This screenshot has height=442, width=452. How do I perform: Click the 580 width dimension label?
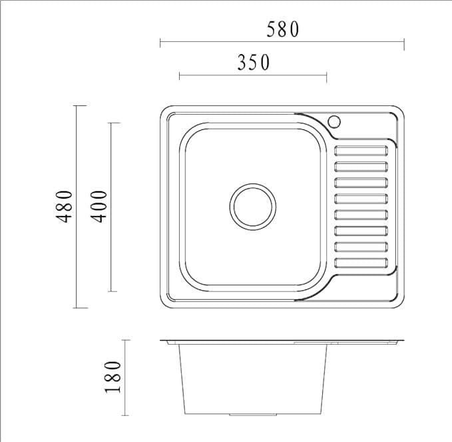283,29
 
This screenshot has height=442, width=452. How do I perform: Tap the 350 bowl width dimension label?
254,63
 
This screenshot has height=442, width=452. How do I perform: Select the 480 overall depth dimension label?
65,207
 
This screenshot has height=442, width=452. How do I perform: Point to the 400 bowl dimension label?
99,207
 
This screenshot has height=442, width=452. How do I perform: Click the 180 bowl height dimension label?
113,377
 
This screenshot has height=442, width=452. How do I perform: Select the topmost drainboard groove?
361,151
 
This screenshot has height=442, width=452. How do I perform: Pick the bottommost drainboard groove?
361,263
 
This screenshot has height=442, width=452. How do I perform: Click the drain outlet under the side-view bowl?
253,415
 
